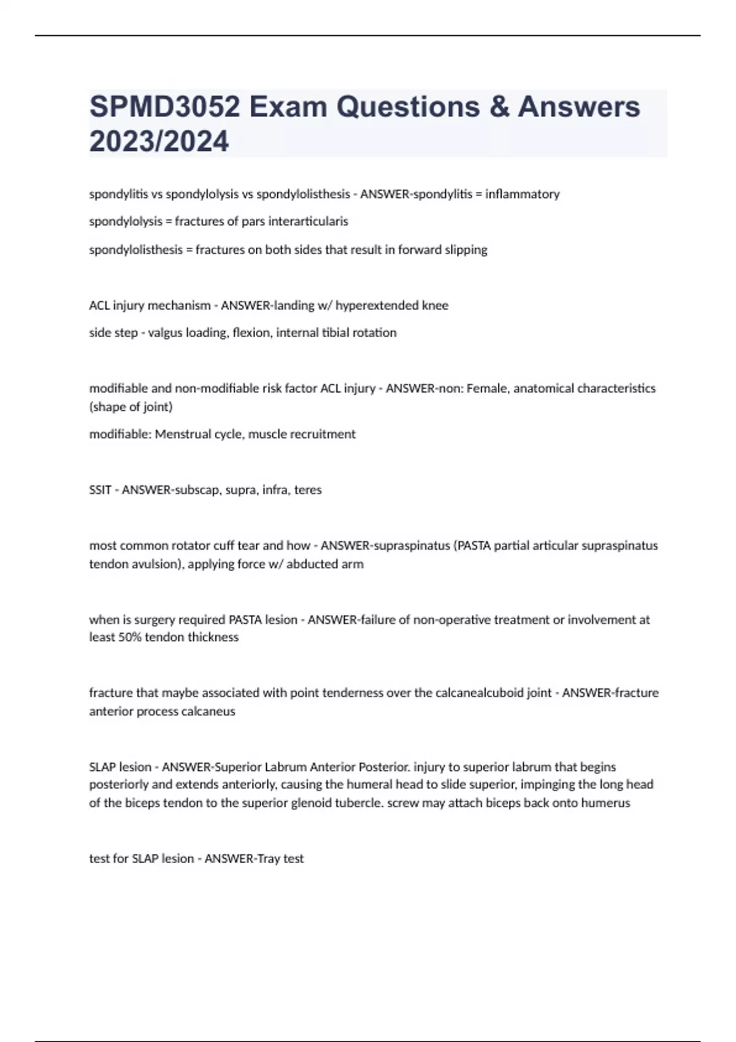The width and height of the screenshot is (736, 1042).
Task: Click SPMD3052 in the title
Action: pyautogui.click(x=164, y=107)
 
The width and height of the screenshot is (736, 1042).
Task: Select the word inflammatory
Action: pyautogui.click(x=522, y=194)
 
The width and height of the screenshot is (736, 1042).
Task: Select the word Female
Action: pyautogui.click(x=487, y=389)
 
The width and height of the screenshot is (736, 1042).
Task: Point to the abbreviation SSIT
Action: pyautogui.click(x=101, y=490)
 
